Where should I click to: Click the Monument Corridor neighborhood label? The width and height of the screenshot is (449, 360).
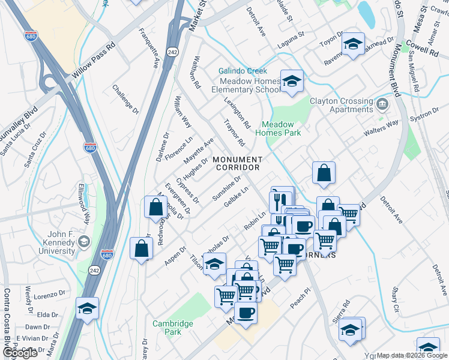pyautogui.click(x=237, y=163)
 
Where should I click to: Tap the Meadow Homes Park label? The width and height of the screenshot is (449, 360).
pyautogui.click(x=279, y=129)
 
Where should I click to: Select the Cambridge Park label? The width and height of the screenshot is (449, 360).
pyautogui.click(x=173, y=328)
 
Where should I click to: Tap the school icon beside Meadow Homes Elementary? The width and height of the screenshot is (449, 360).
pyautogui.click(x=292, y=82)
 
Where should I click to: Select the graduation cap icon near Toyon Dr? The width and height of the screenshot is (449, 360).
pyautogui.click(x=353, y=44)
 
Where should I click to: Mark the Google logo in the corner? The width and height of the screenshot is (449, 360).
pyautogui.click(x=19, y=353)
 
